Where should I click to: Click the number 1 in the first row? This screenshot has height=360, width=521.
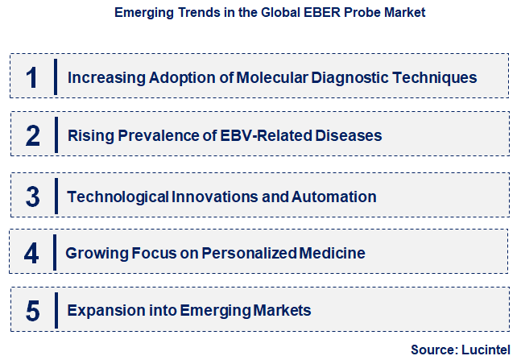[32, 77]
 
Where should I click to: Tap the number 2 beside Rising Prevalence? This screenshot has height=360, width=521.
[32, 135]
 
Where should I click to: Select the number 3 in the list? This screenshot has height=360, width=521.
[32, 197]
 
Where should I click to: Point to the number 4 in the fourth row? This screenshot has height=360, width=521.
[31, 254]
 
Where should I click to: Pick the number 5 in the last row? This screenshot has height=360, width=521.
[32, 311]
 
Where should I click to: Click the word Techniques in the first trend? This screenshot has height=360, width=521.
[439, 78]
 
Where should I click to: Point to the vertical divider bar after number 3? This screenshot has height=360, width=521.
[56, 197]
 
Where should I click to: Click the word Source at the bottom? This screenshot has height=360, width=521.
[433, 350]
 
